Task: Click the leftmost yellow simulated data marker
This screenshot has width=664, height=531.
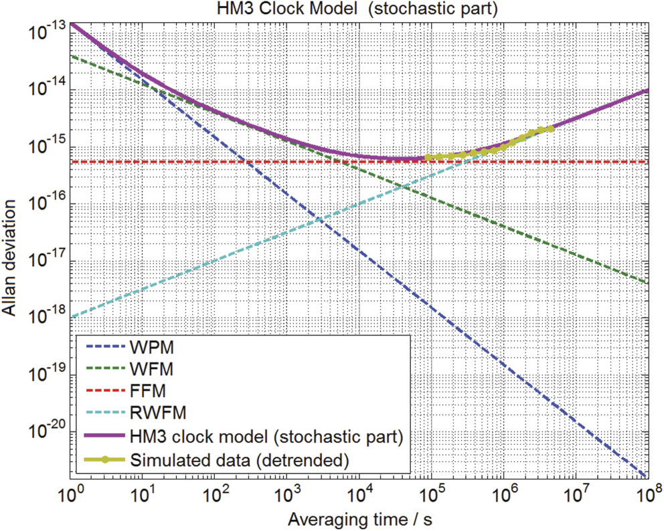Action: point(427,158)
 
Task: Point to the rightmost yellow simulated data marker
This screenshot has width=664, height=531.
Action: point(550,128)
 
